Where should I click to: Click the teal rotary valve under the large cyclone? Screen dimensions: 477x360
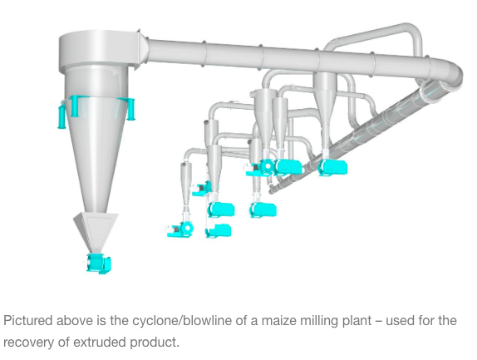coord(99,264)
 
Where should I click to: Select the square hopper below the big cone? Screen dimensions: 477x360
coord(96,230)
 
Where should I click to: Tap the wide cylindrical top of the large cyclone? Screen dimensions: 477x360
coord(96,51)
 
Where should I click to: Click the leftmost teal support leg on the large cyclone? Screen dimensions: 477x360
coord(61,116)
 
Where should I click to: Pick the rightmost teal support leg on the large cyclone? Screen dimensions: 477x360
coord(131,109)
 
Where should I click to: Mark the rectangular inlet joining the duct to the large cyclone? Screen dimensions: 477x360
coord(141,49)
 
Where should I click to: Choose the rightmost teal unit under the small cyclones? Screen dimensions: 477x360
coord(332,167)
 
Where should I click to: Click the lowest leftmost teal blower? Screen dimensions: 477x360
coord(180,229)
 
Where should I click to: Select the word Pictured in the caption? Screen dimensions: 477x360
coord(28,321)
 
